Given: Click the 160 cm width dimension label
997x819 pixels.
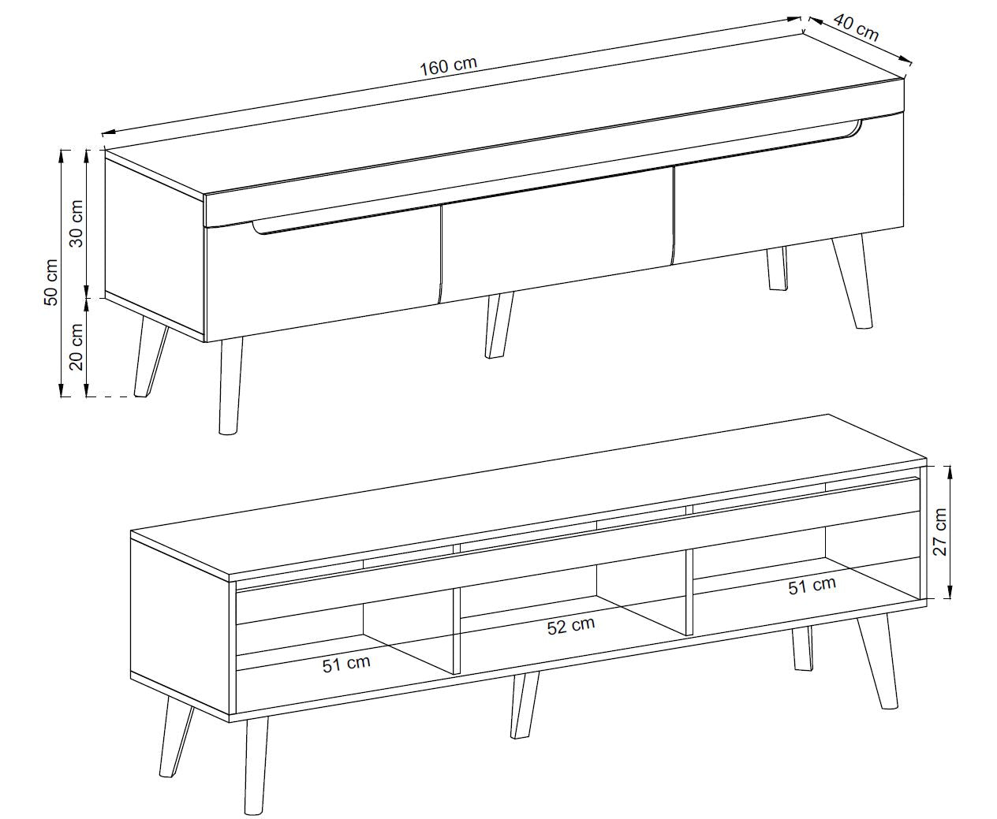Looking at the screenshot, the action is [448, 65].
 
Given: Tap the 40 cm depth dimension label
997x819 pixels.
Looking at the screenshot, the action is [856, 28].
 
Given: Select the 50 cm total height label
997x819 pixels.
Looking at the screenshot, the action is [51, 282].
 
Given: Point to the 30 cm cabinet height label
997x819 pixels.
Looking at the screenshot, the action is [76, 223].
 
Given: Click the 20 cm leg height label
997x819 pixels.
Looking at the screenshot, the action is [76, 347].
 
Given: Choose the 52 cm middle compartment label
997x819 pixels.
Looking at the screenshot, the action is [570, 626].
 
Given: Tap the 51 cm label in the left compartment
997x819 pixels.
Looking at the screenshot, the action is [346, 664].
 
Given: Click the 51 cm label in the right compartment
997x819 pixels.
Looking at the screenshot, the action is [812, 586].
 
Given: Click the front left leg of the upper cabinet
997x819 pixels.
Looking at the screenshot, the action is [230, 385].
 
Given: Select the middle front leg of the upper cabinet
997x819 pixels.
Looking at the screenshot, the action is [498, 325].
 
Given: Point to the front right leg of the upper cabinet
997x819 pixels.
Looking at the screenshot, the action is [853, 281].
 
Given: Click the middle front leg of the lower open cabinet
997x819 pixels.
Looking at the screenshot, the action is [525, 705].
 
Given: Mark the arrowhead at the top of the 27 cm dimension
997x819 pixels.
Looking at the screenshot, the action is [949, 474].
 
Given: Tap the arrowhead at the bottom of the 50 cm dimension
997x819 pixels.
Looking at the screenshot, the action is [61, 389].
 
